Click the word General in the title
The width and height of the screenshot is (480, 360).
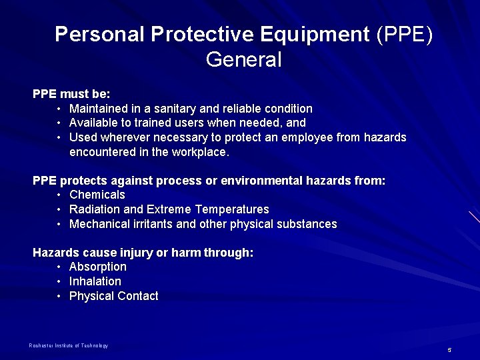pyautogui.click(x=244, y=60)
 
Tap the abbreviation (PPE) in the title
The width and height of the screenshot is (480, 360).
pyautogui.click(x=404, y=34)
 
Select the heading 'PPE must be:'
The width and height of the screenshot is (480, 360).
pyautogui.click(x=71, y=94)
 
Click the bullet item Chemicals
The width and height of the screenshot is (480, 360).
pyautogui.click(x=97, y=195)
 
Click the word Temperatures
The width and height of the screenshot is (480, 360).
pyautogui.click(x=232, y=209)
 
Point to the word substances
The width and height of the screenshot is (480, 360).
pyautogui.click(x=305, y=224)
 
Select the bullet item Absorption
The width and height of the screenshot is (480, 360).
pyautogui.click(x=98, y=267)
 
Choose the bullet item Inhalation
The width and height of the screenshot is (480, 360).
pyautogui.click(x=95, y=281)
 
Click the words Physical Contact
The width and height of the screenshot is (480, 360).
pyautogui.click(x=114, y=296)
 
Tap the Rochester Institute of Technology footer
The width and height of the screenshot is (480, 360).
pyautogui.click(x=68, y=345)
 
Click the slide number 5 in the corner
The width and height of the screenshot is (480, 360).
pyautogui.click(x=449, y=349)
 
